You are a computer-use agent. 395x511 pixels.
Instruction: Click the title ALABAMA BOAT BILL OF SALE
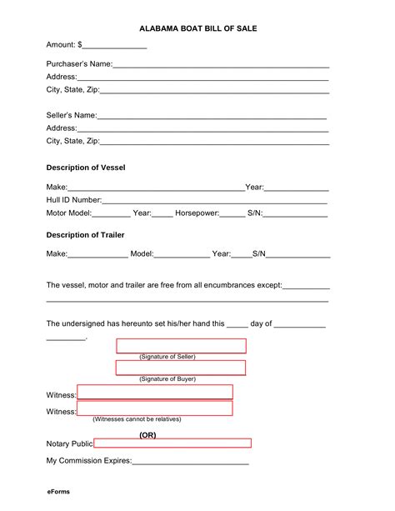(x=197, y=28)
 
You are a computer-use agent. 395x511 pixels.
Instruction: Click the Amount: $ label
(x=63, y=44)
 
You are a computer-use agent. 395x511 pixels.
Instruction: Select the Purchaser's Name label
(x=79, y=63)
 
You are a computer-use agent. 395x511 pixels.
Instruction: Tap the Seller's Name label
(x=72, y=115)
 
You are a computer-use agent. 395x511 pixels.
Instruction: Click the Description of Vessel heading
(x=86, y=168)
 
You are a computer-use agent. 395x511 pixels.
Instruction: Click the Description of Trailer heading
(x=85, y=234)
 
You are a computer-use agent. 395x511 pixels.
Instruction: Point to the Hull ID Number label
(x=74, y=200)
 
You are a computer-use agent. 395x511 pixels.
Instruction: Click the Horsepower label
(x=196, y=213)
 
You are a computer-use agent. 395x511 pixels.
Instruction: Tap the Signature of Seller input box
(x=181, y=345)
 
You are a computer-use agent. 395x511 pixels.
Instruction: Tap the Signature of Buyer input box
(x=181, y=368)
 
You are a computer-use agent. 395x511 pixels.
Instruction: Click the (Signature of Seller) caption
(x=167, y=357)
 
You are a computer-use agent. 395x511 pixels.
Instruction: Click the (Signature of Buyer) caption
(x=167, y=379)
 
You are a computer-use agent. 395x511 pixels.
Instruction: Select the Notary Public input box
(x=172, y=443)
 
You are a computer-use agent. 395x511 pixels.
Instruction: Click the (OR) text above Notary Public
(x=147, y=434)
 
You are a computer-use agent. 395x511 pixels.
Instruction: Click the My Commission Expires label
(x=89, y=460)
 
